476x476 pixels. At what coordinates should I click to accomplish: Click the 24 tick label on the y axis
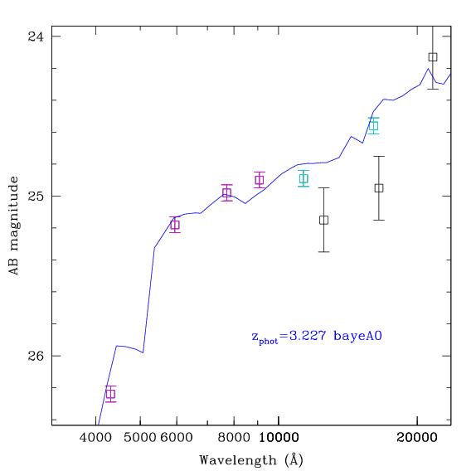(36, 36)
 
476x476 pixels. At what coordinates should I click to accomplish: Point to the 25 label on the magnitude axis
(36, 196)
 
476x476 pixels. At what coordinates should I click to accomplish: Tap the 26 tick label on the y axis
(36, 356)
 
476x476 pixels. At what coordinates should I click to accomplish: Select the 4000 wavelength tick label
(95, 438)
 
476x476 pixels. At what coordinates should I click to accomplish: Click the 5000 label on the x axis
(140, 438)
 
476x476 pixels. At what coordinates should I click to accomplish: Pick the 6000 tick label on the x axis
(177, 438)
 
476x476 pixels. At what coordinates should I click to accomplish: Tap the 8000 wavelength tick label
(234, 438)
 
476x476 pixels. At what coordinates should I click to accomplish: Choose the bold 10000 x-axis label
(279, 438)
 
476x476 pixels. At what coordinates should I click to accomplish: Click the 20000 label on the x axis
(417, 438)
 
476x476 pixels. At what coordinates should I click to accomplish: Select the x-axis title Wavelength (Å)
(251, 460)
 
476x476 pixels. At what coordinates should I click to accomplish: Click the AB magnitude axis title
(13, 226)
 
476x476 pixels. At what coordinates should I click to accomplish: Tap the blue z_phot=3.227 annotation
(317, 337)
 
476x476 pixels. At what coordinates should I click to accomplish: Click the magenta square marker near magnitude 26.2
(111, 394)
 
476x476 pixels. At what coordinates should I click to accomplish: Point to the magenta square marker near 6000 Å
(175, 225)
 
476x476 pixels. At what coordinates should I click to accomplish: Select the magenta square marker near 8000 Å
(226, 192)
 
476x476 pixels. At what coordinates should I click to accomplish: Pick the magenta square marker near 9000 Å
(260, 180)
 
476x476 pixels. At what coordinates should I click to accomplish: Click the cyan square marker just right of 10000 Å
(304, 178)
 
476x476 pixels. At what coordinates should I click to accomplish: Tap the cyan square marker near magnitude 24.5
(374, 126)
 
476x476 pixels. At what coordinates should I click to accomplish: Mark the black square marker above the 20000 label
(433, 57)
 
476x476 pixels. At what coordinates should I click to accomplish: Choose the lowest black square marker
(323, 220)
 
